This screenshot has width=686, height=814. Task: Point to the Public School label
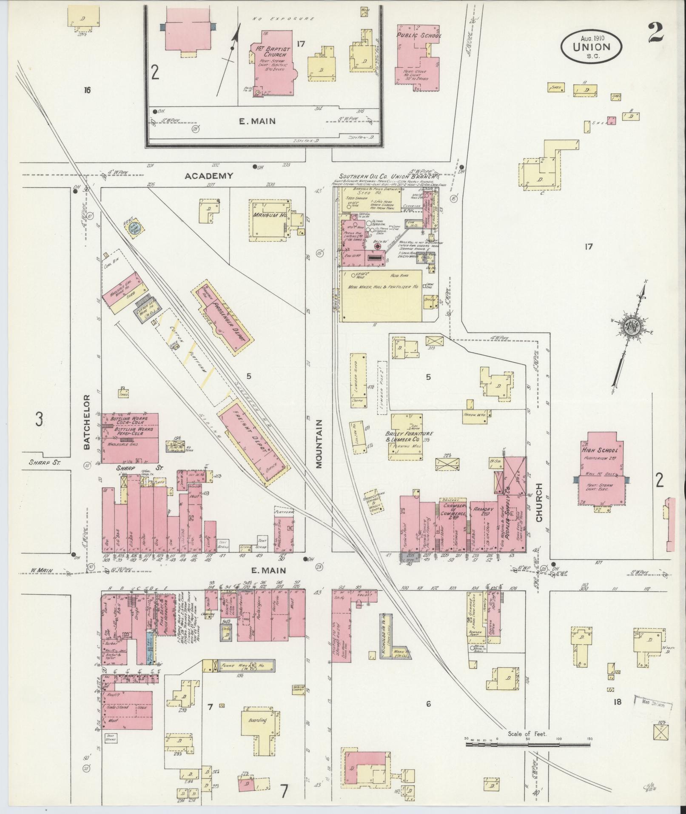pos(418,36)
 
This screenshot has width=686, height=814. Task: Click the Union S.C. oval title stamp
pos(591,47)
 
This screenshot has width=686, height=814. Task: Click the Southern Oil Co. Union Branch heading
pos(387,177)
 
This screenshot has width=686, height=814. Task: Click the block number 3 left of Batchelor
pos(39,420)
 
